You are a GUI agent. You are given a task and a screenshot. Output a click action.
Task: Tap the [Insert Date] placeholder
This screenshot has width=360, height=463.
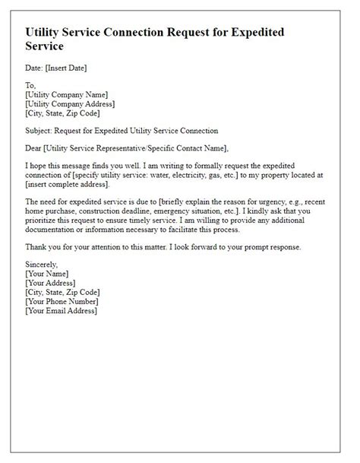click(66, 68)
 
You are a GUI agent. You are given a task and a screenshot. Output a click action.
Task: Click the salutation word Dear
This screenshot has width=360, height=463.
click(34, 147)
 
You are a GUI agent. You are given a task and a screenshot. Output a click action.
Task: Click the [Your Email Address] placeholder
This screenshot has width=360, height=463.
click(62, 310)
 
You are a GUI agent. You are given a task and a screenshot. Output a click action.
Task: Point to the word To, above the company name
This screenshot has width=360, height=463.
click(30, 86)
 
